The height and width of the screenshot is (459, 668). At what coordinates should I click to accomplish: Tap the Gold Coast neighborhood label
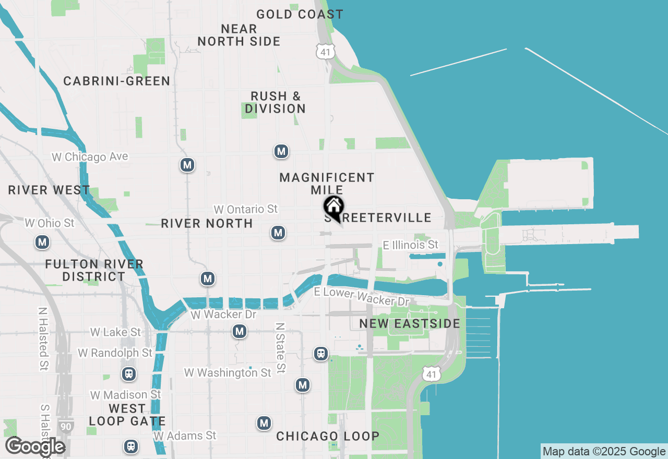300,14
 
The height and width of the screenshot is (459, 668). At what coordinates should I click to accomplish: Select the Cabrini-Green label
116,81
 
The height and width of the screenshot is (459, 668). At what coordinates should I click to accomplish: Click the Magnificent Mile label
327,184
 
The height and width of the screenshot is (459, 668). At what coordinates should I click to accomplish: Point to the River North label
207,223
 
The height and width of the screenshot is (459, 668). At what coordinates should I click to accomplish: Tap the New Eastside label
410,323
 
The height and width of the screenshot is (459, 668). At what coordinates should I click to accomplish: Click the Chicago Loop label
328,436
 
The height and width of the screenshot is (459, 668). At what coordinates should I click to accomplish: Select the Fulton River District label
94,270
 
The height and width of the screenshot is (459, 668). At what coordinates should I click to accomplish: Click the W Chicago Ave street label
90,157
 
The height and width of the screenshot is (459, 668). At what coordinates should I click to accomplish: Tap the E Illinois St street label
410,245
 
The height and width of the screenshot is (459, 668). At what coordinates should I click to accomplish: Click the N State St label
281,347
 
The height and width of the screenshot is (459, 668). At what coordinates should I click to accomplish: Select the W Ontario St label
245,209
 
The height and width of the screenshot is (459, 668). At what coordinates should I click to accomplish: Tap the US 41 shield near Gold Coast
325,51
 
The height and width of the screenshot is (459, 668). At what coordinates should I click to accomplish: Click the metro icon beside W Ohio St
43,242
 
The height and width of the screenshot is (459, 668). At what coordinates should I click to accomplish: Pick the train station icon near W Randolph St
128,374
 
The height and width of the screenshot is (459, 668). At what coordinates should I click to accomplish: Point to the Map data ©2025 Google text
604,452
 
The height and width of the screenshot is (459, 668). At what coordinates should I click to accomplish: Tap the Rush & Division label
275,102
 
